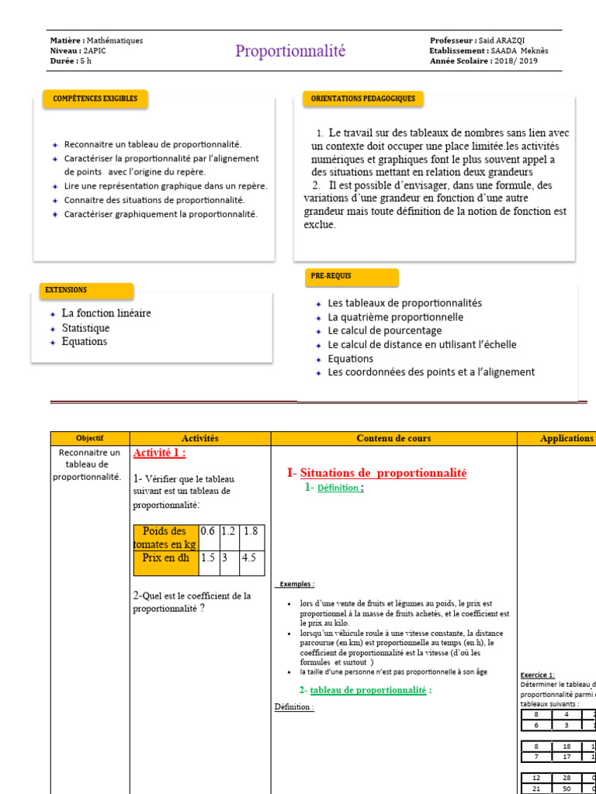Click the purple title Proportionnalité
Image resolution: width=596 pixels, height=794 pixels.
point(290,51)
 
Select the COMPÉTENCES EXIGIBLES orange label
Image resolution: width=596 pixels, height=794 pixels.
point(95,99)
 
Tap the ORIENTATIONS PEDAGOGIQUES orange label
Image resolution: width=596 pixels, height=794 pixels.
point(362,99)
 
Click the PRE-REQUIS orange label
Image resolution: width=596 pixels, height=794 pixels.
point(352,278)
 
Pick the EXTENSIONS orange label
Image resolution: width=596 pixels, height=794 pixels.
point(86,291)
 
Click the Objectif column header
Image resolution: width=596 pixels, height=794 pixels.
point(90,438)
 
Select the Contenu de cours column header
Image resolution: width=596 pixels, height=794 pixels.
point(393,438)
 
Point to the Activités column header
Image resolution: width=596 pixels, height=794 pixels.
point(199,438)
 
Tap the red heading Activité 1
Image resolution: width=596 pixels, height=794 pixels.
point(159,453)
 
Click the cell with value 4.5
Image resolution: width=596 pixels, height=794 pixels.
point(251,557)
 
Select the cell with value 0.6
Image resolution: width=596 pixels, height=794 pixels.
point(208,531)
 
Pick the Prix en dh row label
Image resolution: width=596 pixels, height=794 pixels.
point(165,557)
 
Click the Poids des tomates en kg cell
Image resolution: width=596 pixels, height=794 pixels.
point(165,537)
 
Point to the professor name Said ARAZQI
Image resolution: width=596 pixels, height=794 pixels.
point(504,40)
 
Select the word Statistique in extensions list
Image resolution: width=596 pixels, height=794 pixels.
point(86,328)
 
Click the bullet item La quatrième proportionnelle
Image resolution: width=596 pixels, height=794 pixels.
point(395,317)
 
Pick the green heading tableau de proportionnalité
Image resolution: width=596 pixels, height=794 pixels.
point(368,690)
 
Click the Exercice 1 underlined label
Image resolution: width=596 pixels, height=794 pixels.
point(537,675)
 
